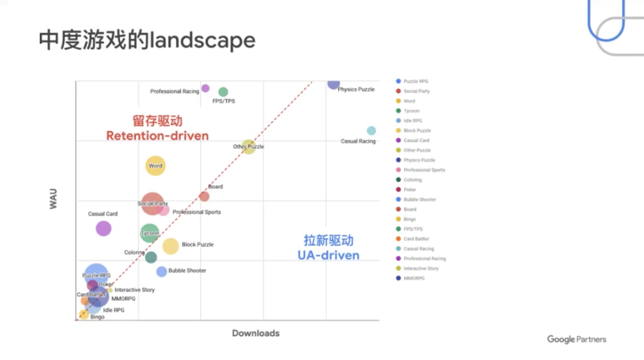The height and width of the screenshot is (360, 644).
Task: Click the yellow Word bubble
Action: point(155,166)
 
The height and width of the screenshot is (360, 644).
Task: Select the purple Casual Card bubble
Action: point(103,228)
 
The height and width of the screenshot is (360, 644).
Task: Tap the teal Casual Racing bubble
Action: point(371,131)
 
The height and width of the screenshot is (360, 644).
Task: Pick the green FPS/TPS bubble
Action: point(223,92)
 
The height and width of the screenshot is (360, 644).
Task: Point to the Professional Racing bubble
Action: point(205,88)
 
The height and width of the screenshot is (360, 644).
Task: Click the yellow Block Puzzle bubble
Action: point(171,246)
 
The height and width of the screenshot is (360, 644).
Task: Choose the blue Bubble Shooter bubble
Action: point(162,272)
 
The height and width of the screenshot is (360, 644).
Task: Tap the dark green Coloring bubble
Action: point(151,257)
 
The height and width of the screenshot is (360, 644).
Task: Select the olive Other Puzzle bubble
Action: point(249,147)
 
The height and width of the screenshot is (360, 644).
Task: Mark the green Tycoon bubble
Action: point(150,233)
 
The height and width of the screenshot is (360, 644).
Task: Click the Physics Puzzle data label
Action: point(356,89)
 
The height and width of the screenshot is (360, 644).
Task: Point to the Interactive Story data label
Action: point(134,290)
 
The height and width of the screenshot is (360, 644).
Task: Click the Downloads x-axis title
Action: point(256,333)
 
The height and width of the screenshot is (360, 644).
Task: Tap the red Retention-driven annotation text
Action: point(157,136)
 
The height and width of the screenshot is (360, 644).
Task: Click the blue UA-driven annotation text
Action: point(329,255)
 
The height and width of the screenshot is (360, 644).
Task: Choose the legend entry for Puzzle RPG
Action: point(415,81)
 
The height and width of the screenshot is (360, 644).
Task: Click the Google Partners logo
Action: point(577,339)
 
